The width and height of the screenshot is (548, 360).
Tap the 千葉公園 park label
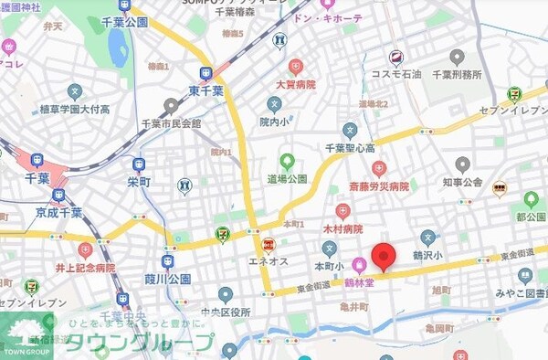(124, 21)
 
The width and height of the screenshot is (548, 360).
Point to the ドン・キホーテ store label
(330, 18)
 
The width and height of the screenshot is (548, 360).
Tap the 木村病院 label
(343, 228)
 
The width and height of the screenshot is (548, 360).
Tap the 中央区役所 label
(225, 311)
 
